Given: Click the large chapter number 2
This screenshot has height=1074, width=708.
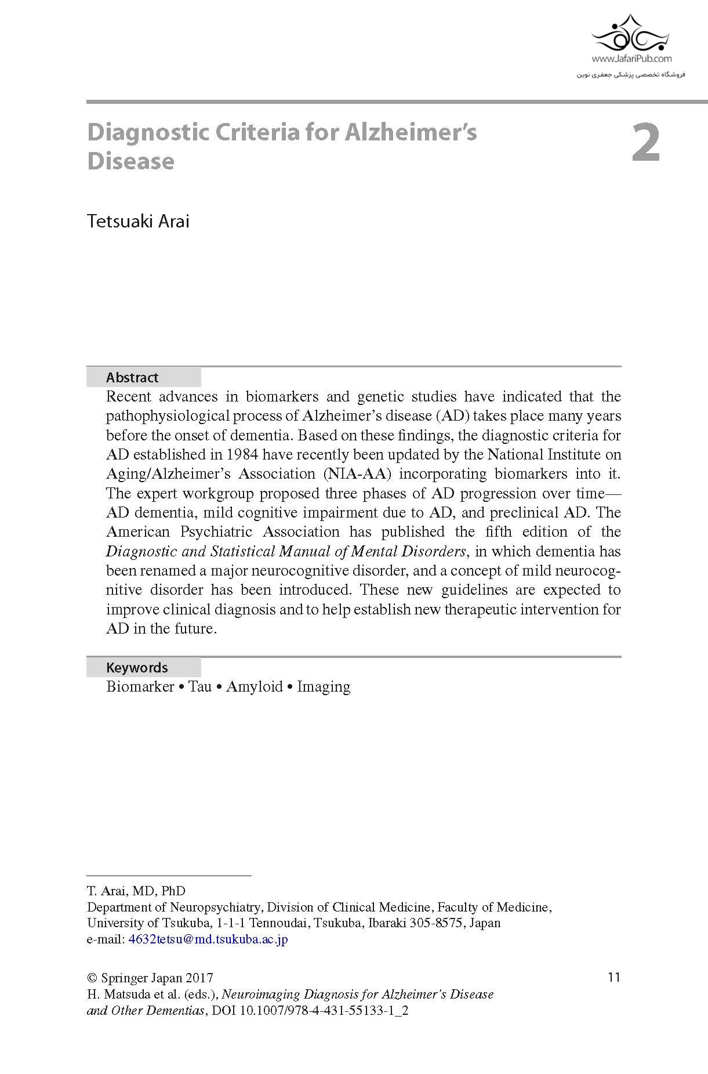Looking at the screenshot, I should coord(645,143).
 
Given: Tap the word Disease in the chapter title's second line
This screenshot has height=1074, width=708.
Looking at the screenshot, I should coord(130,161).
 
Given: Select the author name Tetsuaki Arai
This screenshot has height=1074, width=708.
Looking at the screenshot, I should coord(138,221).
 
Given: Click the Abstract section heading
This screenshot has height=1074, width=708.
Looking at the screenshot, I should coord(132,378).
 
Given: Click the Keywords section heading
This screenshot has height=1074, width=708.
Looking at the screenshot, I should coord(137,667).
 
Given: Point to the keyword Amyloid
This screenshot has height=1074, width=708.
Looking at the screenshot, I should coord(254,687).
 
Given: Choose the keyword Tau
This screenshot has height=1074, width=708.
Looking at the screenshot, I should coord(200,687).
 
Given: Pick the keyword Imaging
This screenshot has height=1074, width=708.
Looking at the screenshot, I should coord(324,687).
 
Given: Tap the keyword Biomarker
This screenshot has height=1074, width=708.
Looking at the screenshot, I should coord(140,687).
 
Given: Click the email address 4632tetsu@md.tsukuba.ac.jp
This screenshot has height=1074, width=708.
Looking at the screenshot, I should coord(208,939).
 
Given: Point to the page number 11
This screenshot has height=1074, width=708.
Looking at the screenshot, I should coord(614,977).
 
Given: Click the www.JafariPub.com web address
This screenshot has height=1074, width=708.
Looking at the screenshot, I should coord(631,59).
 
